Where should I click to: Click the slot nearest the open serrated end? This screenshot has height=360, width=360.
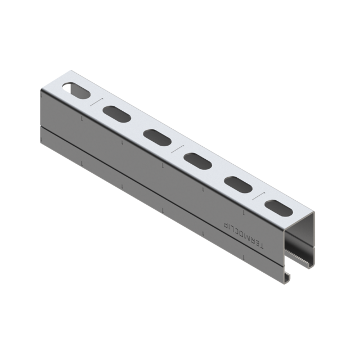[x=279, y=208]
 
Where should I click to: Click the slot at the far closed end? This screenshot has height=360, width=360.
[x=76, y=91]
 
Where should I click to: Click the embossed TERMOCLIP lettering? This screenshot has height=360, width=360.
[x=244, y=235]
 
